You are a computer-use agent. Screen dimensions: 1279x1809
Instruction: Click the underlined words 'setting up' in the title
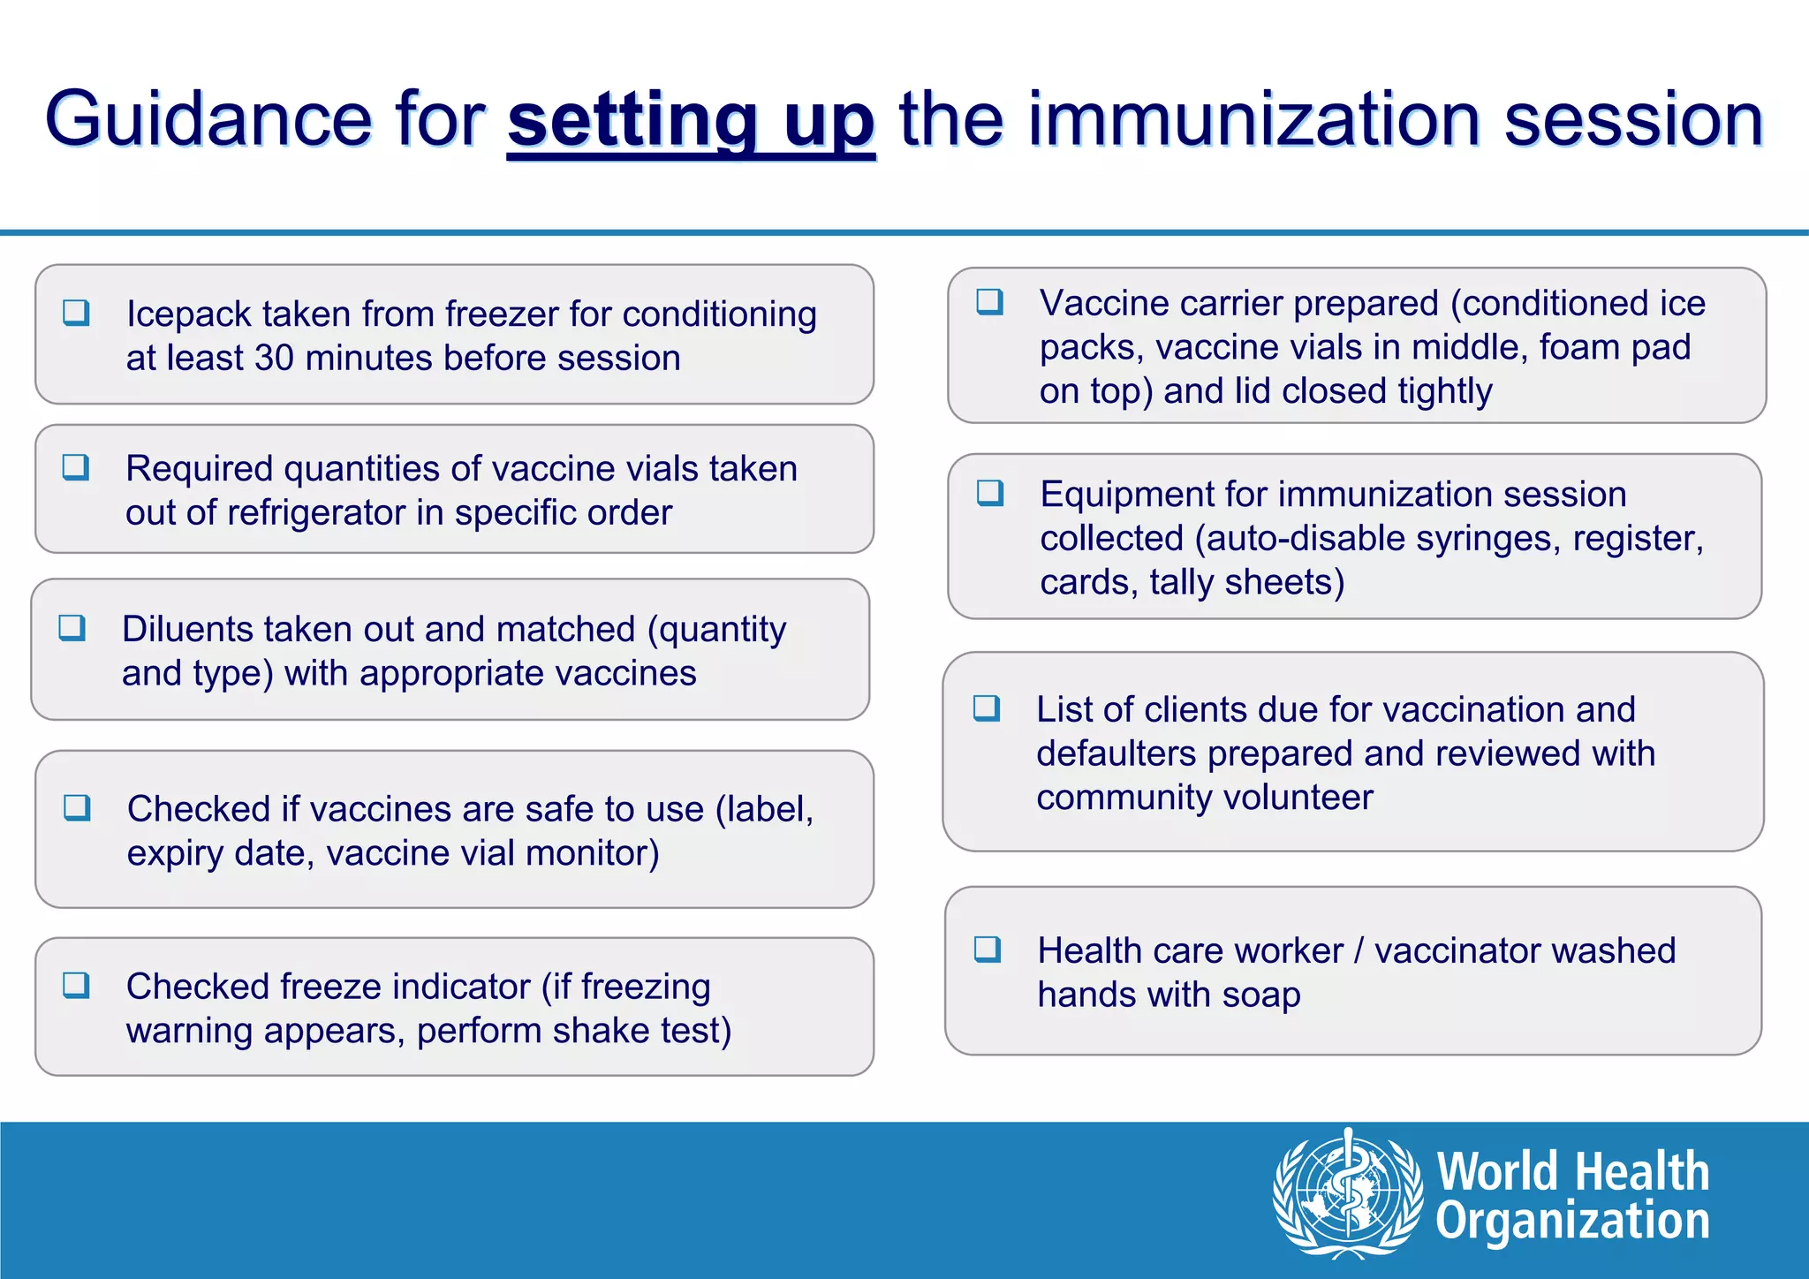tap(691, 120)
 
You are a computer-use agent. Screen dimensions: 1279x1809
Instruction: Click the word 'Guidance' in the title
tap(209, 120)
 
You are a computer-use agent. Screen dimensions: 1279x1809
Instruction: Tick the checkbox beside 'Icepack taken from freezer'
tap(76, 313)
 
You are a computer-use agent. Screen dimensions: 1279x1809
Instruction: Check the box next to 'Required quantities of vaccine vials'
tap(76, 467)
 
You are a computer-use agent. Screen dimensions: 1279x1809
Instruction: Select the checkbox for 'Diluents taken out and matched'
tap(72, 628)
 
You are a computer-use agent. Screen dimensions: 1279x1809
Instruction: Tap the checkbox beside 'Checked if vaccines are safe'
tap(77, 807)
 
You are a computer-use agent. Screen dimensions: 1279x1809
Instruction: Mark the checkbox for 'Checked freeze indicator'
tap(77, 985)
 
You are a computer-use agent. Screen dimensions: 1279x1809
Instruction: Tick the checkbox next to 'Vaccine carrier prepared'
tap(989, 302)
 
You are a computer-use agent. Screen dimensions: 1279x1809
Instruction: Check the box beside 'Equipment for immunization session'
tap(990, 493)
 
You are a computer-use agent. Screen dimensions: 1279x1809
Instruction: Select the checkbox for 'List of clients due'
tap(987, 708)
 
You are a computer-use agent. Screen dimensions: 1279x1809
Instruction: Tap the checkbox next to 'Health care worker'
tap(988, 950)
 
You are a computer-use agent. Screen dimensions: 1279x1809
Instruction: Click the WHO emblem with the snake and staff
tap(1347, 1192)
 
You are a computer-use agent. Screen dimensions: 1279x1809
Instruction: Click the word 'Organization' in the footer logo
tap(1572, 1222)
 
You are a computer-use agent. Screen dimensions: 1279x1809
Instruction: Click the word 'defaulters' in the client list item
tap(1116, 754)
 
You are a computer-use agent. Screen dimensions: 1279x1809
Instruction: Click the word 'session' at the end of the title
tap(1633, 120)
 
